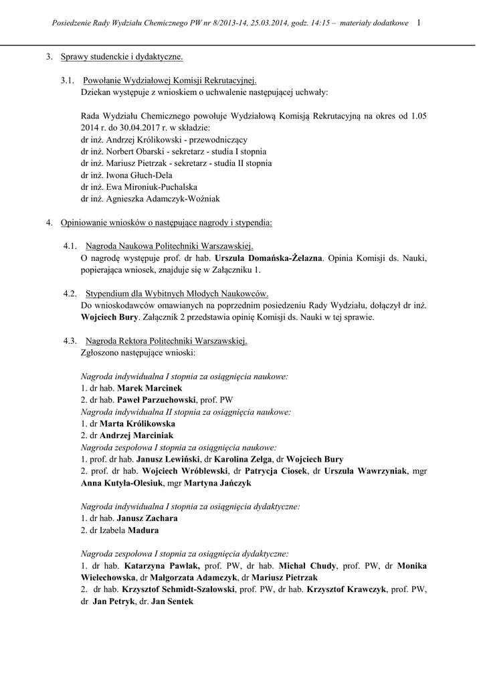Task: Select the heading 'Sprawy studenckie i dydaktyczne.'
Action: [122, 57]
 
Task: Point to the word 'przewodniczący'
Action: [219, 140]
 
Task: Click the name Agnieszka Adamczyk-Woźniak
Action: [161, 199]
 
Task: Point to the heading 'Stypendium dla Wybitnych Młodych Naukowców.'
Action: [177, 293]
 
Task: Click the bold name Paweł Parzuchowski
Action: [162, 400]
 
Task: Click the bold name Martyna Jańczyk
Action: [220, 483]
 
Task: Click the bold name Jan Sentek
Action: [172, 601]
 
